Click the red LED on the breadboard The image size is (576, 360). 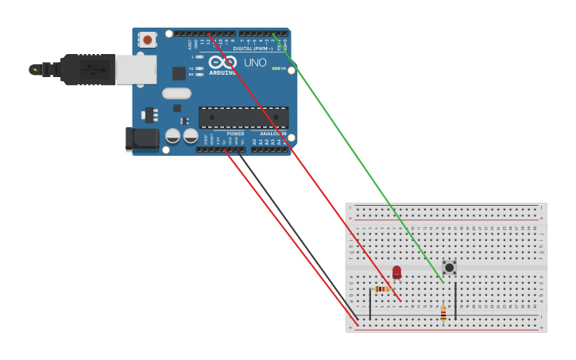[x=396, y=272]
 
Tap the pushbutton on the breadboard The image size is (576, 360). [x=449, y=267]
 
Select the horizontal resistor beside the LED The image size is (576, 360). [x=382, y=288]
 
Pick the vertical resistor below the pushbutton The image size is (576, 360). [x=443, y=313]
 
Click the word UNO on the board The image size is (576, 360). [x=255, y=62]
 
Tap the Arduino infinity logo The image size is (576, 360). [x=223, y=61]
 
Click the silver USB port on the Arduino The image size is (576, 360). [x=136, y=69]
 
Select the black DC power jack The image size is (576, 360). [x=143, y=138]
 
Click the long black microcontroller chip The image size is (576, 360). [x=243, y=118]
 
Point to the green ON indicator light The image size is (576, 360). [x=276, y=68]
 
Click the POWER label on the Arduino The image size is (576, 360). [x=235, y=134]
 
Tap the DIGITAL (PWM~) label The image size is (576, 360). [x=253, y=48]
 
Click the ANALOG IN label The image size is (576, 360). [x=273, y=134]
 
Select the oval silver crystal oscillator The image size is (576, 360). [x=176, y=93]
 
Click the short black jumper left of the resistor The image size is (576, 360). [x=369, y=304]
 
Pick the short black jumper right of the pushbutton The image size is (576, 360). [x=455, y=300]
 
